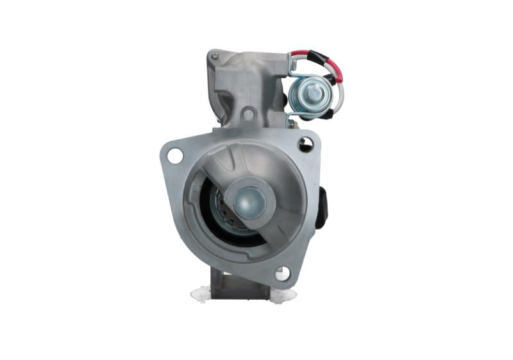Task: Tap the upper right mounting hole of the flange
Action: point(305,145)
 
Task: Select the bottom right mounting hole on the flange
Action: point(282,273)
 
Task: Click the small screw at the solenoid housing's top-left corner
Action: point(215,56)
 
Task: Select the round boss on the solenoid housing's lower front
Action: point(249,115)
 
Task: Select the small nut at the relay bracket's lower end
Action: point(292,116)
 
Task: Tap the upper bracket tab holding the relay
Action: point(293,65)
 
